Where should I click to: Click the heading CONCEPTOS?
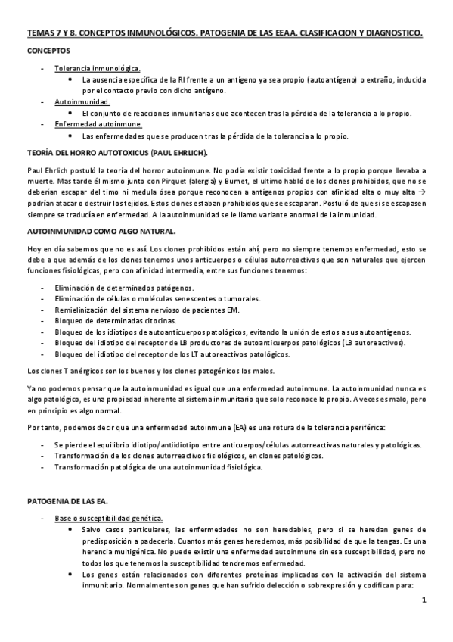click(49, 51)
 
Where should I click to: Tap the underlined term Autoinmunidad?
click(82, 101)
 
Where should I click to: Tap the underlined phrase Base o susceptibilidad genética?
click(108, 518)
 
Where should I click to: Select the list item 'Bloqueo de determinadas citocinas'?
click(114, 320)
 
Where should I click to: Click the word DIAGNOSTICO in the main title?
click(384, 34)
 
